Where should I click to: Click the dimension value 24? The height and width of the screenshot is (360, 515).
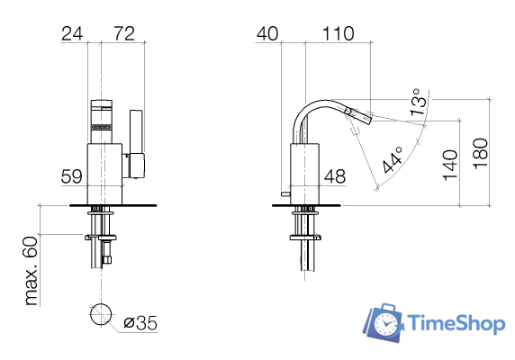tap(73, 34)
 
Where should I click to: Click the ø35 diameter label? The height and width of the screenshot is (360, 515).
tap(140, 321)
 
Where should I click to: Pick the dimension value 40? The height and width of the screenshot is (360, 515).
tap(267, 34)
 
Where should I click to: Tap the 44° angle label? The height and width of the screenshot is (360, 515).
tap(393, 159)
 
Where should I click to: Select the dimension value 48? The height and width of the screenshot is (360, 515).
tap(335, 177)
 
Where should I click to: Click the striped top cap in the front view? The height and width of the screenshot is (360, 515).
tap(102, 114)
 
